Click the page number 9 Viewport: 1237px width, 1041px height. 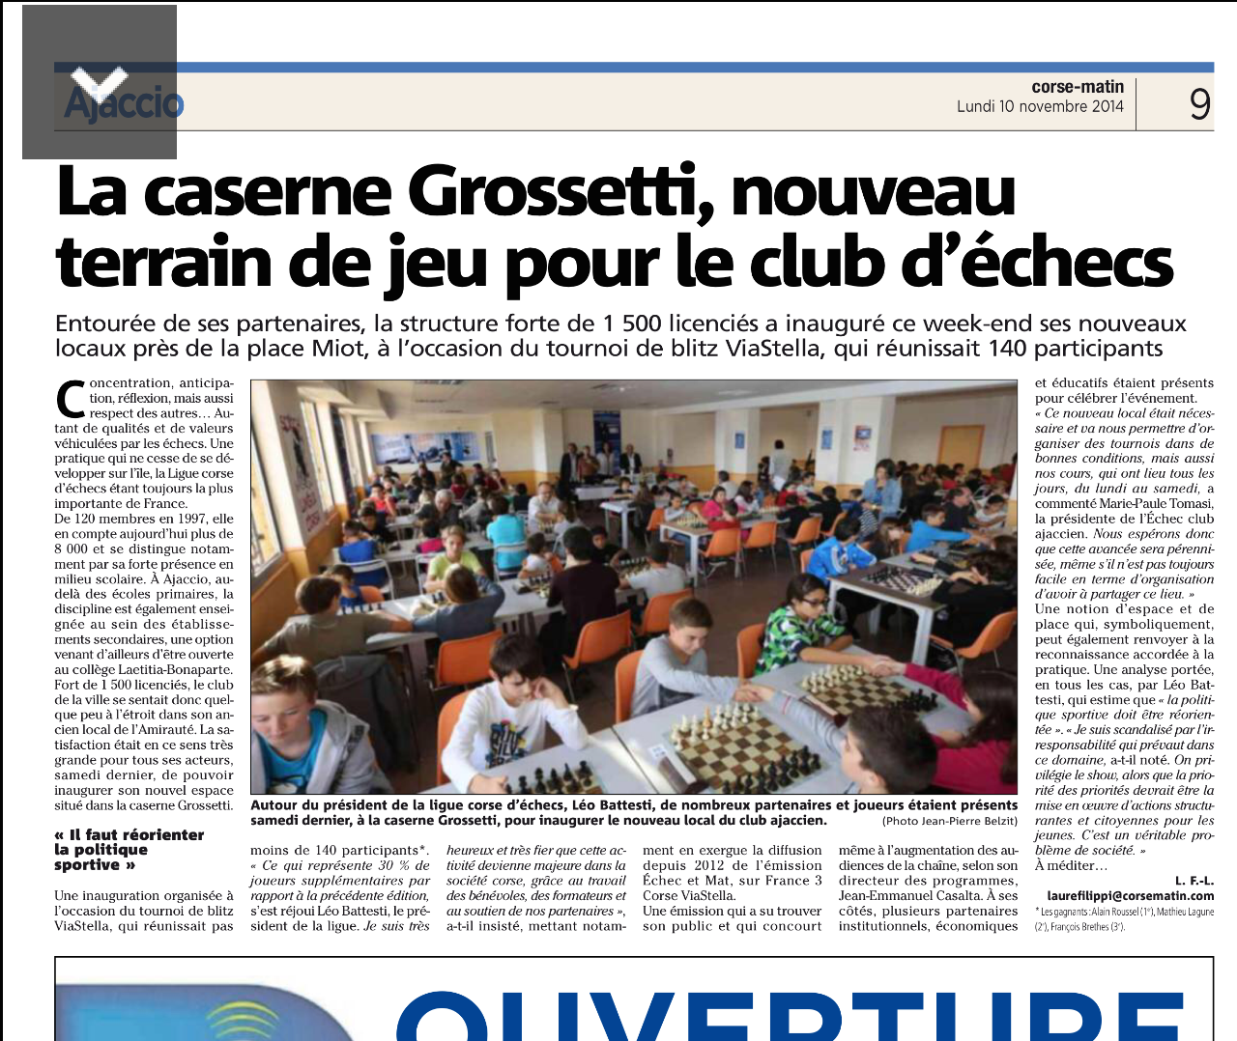pos(1199,103)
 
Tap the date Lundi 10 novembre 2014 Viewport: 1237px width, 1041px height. pos(1040,106)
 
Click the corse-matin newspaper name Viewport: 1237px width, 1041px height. pos(1078,87)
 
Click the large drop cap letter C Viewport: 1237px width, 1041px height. pos(71,398)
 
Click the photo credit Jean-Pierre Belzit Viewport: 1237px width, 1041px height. pos(949,821)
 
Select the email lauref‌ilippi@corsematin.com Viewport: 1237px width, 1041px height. pos(1130,895)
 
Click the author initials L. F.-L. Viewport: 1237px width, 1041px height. pos(1194,880)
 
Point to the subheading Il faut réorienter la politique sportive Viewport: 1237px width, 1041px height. pos(129,850)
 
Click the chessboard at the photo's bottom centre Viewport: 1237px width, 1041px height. pos(734,744)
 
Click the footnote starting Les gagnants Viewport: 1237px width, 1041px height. pos(1124,919)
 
